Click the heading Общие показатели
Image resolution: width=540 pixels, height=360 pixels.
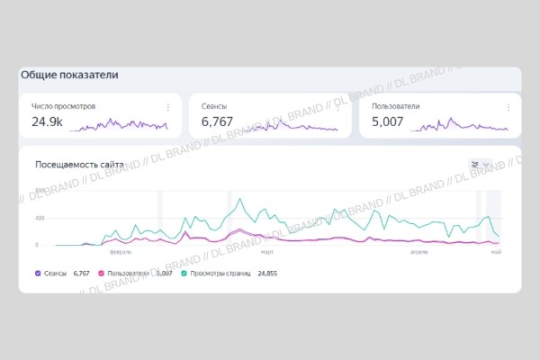(69, 76)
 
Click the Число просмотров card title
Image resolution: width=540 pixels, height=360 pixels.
(64, 106)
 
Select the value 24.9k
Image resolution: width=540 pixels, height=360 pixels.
(47, 121)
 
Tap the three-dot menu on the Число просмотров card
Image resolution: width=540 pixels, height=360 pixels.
(167, 107)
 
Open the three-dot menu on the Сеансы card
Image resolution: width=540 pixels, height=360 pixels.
(337, 107)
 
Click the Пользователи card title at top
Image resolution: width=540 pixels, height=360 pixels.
(396, 106)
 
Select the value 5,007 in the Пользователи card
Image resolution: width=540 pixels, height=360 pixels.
(390, 121)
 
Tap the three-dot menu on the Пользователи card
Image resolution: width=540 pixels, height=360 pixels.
(508, 107)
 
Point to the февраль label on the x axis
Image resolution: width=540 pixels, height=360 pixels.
(121, 253)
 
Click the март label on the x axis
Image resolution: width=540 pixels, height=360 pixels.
(267, 253)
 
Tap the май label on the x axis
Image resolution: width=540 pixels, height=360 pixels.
(494, 253)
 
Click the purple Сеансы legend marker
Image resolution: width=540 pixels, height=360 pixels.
(37, 272)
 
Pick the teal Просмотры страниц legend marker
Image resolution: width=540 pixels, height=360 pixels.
(184, 272)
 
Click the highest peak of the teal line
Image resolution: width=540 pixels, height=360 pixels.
(238, 199)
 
